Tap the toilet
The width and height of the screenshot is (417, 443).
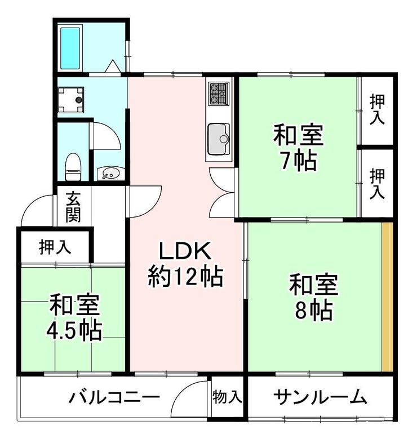click(x=73, y=167)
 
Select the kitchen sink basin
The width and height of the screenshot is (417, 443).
click(x=219, y=139)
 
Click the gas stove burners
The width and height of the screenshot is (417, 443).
click(x=219, y=94)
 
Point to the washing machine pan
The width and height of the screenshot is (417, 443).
click(x=70, y=100)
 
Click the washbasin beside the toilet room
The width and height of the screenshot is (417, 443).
click(x=111, y=173)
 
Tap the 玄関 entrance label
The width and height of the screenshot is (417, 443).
click(x=73, y=207)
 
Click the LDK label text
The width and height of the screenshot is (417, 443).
click(x=185, y=251)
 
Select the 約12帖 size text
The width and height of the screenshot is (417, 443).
click(x=185, y=277)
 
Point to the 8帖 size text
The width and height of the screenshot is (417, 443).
click(x=314, y=310)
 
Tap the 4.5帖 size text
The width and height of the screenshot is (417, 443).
click(x=74, y=330)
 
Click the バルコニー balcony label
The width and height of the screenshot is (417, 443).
click(x=114, y=398)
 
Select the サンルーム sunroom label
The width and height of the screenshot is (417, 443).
click(x=321, y=397)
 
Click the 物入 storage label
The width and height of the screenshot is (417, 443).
click(x=227, y=397)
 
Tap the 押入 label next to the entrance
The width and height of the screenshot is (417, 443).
click(x=55, y=247)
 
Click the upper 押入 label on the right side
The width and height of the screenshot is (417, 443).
click(x=377, y=109)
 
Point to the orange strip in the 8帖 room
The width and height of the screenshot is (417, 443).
click(x=387, y=296)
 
